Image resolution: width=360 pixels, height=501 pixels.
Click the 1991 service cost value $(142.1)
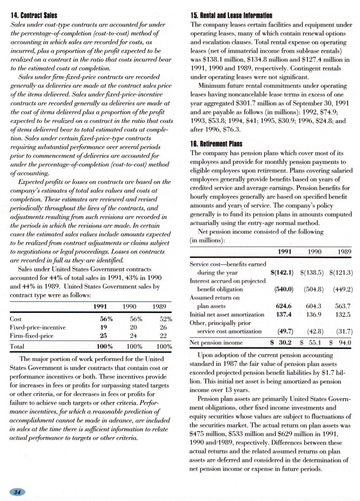click(x=282, y=272)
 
